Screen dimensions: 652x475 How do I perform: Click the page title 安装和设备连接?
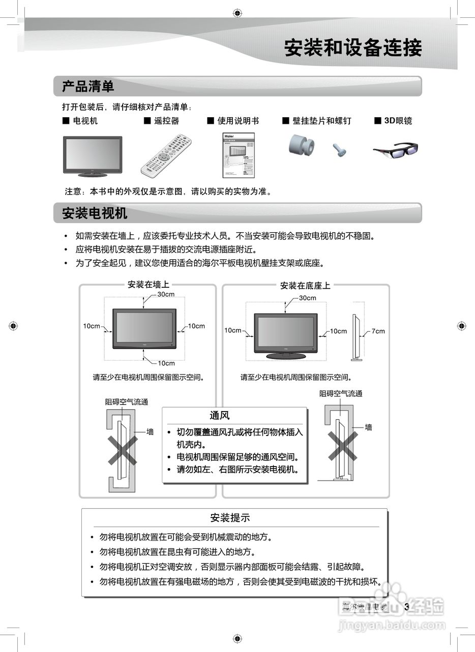pos(352,48)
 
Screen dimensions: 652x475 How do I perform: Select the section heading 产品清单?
pos(88,86)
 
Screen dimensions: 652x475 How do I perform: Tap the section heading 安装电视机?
pos(95,213)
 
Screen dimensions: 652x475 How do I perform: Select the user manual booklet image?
pos(239,155)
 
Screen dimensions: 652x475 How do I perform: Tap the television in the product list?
pos(92,155)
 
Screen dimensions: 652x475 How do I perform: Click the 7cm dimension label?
pos(378,331)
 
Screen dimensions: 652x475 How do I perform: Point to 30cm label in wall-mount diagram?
pos(166,294)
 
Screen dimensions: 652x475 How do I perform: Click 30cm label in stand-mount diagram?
pos(307,298)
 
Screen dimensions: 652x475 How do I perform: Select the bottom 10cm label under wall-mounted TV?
pos(166,363)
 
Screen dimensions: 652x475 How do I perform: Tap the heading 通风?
pos(220,416)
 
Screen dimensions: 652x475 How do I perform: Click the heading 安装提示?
pos(230,518)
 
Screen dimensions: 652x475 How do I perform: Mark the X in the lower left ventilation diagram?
pos(123,449)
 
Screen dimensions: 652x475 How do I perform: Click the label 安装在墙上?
pos(148,285)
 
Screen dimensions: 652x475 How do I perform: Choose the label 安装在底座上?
pos(305,286)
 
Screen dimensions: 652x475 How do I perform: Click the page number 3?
pos(406,607)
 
